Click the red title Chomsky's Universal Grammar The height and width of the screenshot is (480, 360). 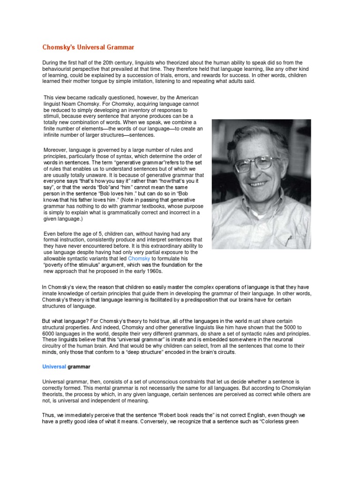click(x=88, y=47)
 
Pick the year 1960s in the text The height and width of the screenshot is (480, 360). click(x=150, y=271)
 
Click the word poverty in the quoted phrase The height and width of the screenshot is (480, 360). click(x=54, y=265)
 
